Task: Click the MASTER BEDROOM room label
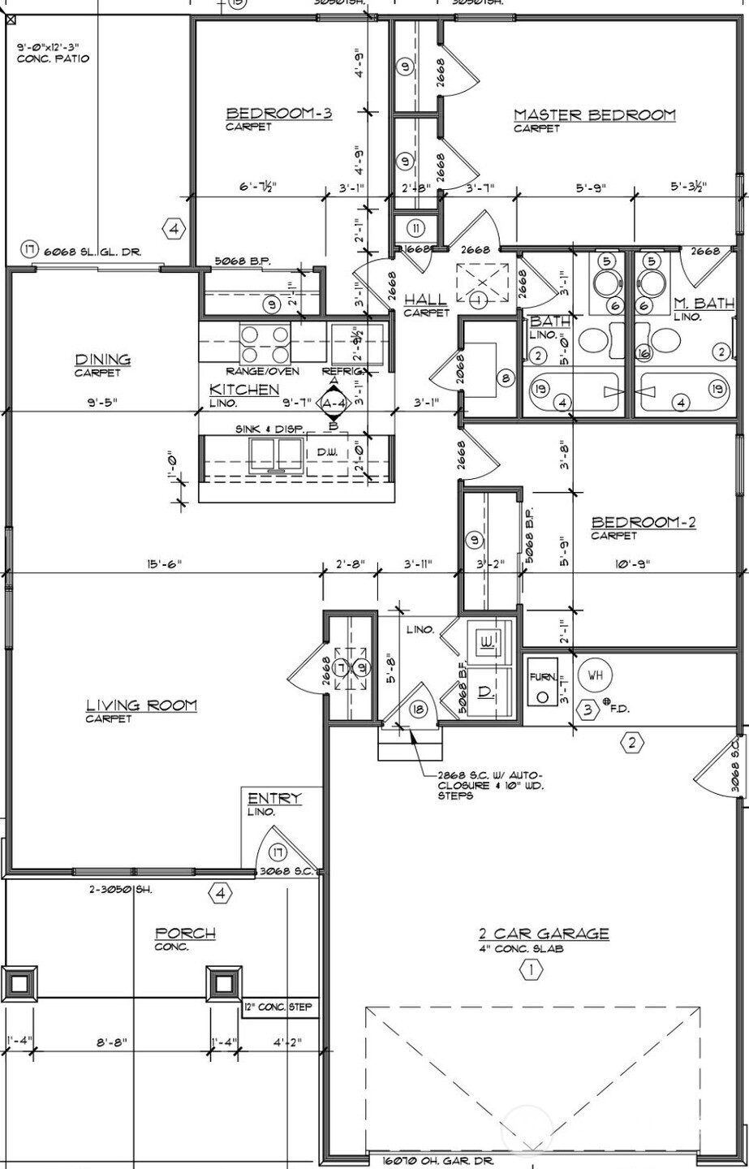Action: coord(594,115)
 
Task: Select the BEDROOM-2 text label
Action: coord(643,523)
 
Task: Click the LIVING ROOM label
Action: coord(141,705)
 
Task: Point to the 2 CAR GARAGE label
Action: coord(543,934)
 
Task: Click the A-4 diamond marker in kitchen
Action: coord(334,403)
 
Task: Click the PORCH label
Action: coord(185,934)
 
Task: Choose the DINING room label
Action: coord(103,360)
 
